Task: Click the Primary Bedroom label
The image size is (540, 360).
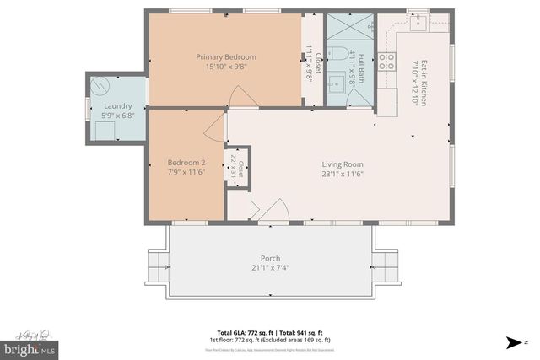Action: (225, 56)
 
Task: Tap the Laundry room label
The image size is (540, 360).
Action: (105, 107)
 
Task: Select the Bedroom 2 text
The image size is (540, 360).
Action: (186, 162)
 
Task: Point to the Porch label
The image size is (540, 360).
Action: (270, 258)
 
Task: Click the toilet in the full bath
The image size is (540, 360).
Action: (337, 53)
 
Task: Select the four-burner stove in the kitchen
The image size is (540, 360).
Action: (386, 61)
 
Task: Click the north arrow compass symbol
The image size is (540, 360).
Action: (515, 341)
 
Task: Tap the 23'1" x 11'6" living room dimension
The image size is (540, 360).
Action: (342, 174)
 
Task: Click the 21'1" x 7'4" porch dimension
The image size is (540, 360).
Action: (270, 268)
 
